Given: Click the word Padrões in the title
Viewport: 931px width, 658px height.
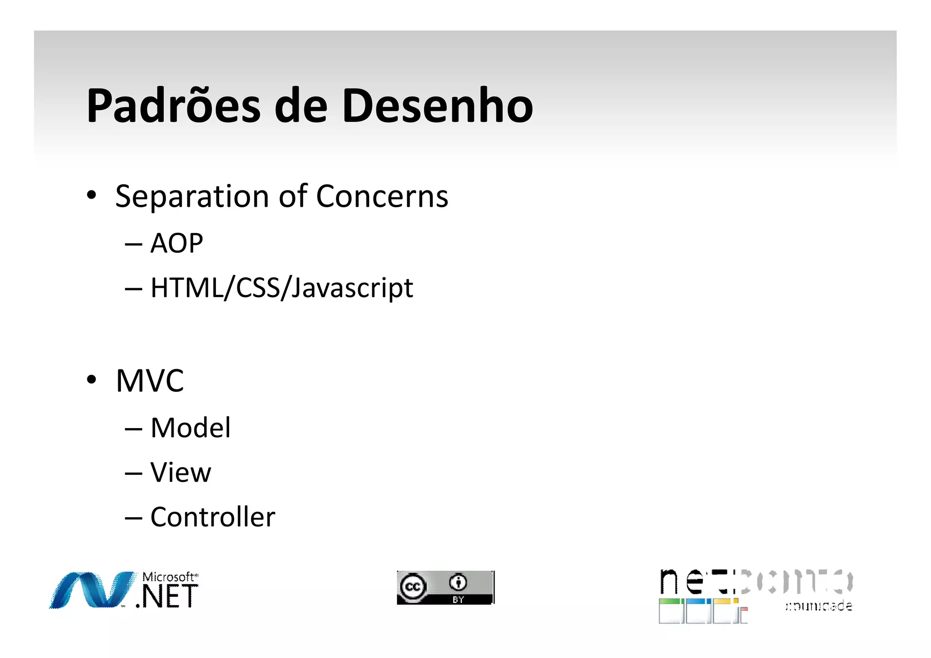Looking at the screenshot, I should point(173,105).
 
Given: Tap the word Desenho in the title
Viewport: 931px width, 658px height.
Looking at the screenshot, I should point(437,105).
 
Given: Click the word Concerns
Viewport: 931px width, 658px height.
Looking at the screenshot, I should point(382,196).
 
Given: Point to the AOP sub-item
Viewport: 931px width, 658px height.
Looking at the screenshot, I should point(176,243).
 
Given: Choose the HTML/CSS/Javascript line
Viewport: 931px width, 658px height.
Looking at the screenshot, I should point(282,288).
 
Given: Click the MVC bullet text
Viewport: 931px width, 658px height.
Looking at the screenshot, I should point(150,381).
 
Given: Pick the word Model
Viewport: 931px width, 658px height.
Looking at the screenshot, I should point(190,428).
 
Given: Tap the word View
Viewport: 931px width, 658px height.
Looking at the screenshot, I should point(181,473).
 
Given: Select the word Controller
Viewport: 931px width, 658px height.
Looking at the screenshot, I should point(213,517).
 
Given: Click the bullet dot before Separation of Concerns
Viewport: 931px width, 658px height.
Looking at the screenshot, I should point(92,195).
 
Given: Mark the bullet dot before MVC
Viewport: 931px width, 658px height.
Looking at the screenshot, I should point(92,379).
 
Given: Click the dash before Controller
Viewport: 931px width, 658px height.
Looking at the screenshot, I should point(134,518).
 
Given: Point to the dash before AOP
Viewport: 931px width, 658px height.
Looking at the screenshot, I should point(134,244).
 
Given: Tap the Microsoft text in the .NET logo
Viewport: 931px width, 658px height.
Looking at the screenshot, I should point(169,577).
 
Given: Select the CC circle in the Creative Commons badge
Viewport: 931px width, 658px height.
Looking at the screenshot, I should point(413,587).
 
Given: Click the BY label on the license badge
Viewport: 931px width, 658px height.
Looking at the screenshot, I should point(458,600).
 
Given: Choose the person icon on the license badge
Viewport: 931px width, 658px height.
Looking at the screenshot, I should point(458,582).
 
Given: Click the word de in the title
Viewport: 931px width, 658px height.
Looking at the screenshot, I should point(301,105).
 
